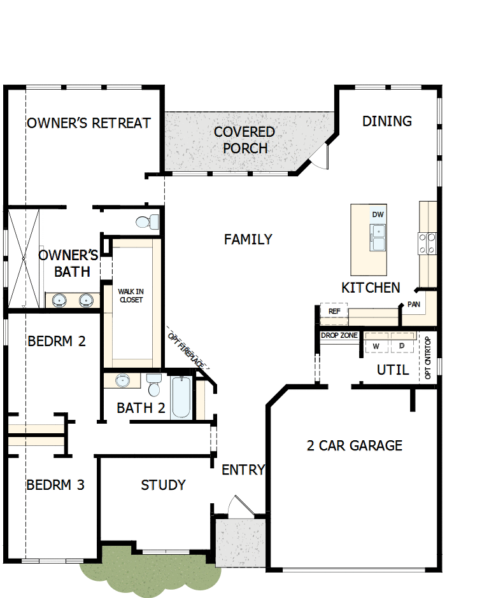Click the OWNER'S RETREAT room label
(89, 123)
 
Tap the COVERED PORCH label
(244, 140)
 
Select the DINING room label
(387, 121)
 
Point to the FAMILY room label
(248, 239)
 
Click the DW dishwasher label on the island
(378, 215)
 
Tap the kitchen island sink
(378, 237)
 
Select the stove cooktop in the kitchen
(427, 242)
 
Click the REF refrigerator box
(334, 311)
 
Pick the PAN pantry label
(414, 305)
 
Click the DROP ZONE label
(339, 335)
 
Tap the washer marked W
(376, 345)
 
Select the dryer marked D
(402, 345)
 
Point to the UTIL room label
(393, 370)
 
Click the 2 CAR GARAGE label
(355, 445)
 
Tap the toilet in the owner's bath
(146, 222)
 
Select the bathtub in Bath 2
(181, 398)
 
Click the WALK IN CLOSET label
(131, 295)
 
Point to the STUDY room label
(163, 485)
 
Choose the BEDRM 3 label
(55, 485)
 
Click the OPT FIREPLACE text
(188, 349)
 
